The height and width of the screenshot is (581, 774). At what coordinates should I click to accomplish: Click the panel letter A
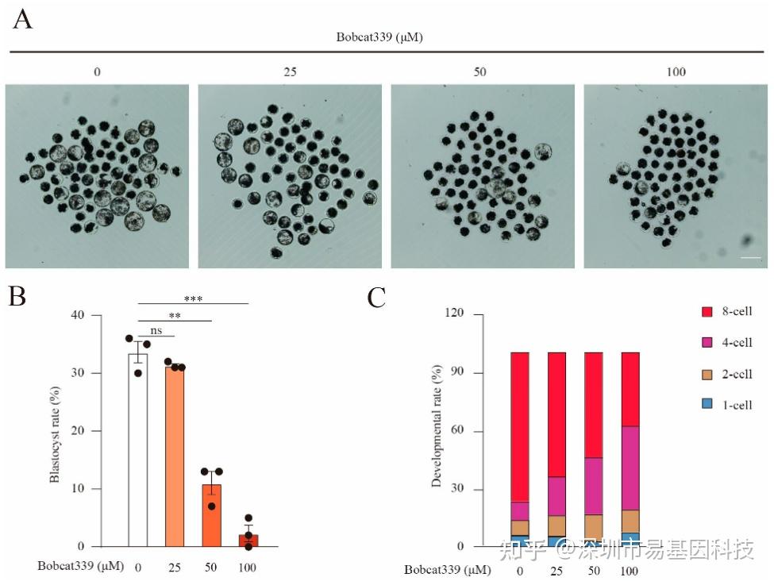(x=23, y=18)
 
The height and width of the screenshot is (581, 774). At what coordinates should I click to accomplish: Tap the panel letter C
(x=378, y=297)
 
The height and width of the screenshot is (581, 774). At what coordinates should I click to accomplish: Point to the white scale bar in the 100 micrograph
(x=750, y=257)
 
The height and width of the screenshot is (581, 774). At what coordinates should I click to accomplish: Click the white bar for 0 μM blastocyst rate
(x=138, y=450)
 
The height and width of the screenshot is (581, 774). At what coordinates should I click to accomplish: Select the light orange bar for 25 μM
(x=175, y=456)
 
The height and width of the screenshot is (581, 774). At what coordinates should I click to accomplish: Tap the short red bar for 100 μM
(x=248, y=541)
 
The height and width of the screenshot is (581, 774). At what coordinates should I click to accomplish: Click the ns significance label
(x=156, y=330)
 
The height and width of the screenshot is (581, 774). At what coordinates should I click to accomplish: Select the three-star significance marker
(x=193, y=298)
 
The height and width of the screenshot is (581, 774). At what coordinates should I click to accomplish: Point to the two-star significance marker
(x=175, y=315)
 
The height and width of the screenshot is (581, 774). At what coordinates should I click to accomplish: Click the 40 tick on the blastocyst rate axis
(x=77, y=315)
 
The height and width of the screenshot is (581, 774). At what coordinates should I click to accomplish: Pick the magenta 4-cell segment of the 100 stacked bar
(x=630, y=468)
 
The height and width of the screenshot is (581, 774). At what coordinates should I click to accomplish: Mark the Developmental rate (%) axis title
(x=436, y=427)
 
